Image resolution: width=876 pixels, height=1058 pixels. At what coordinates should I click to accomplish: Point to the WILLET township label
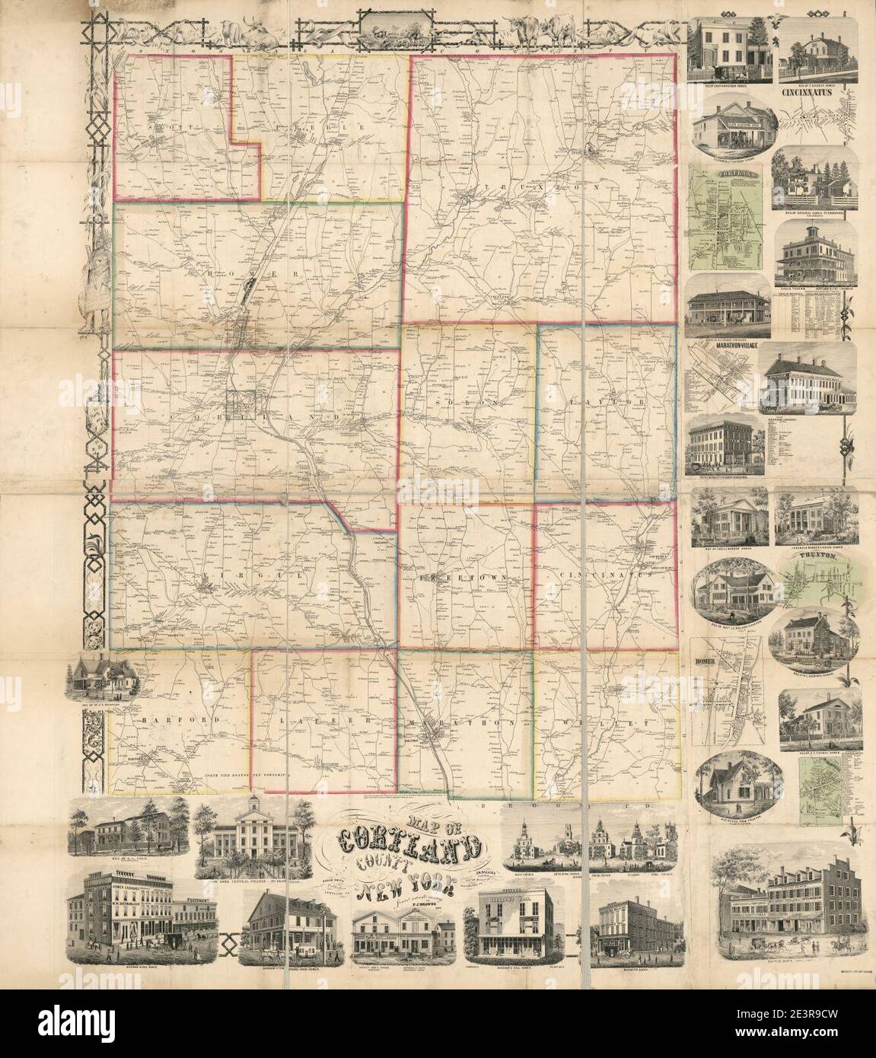coord(609,720)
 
